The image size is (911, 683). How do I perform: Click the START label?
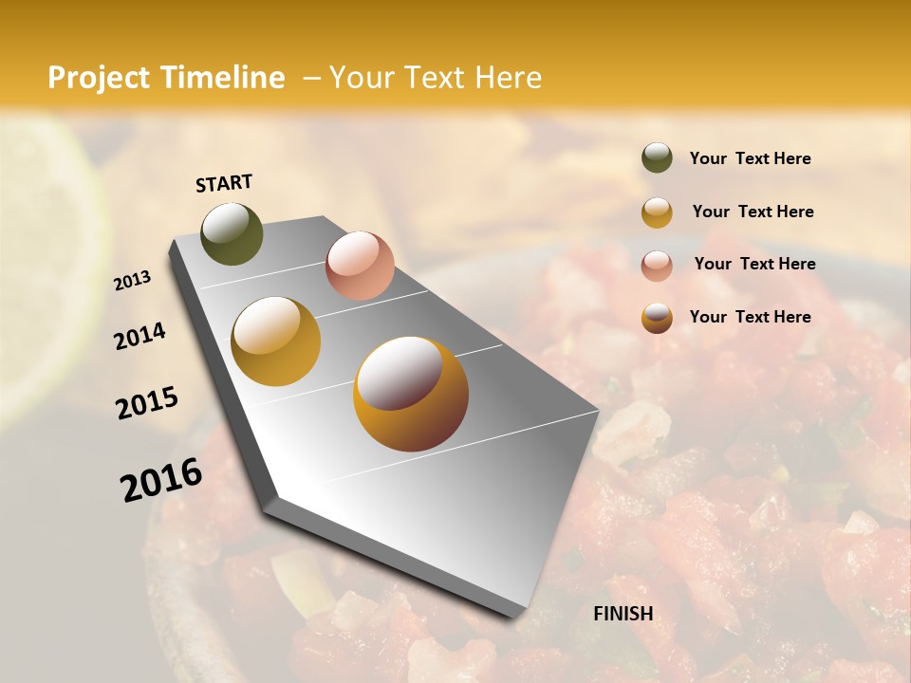click(x=224, y=183)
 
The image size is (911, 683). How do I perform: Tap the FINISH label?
click(x=623, y=614)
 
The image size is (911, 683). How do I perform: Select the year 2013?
click(x=133, y=281)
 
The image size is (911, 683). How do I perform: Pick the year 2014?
click(x=140, y=336)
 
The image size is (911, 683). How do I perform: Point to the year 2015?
click(x=147, y=403)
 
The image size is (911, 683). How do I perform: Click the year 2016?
click(x=161, y=479)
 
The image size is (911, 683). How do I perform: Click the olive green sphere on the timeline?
click(x=232, y=233)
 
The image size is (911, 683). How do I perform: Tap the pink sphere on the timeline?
click(x=360, y=265)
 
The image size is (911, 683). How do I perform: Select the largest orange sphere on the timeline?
click(x=411, y=394)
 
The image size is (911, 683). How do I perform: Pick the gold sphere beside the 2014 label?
click(x=276, y=341)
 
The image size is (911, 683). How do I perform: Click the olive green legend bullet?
click(x=657, y=158)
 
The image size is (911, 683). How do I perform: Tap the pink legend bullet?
click(x=657, y=265)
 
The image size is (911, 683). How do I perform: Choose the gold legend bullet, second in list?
click(x=657, y=212)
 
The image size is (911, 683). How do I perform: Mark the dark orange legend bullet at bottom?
click(x=657, y=318)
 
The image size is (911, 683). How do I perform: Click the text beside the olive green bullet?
click(x=750, y=159)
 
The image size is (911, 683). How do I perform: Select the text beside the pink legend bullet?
click(x=754, y=264)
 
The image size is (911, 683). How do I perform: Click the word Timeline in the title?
click(x=222, y=78)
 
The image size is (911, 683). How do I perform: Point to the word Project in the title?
click(x=98, y=78)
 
